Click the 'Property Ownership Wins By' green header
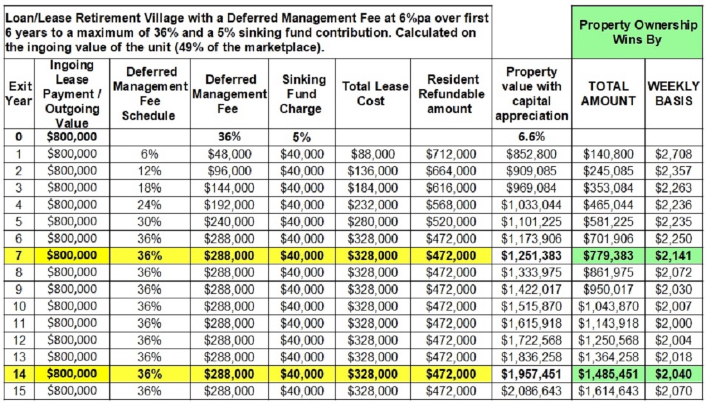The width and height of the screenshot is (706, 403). (x=638, y=32)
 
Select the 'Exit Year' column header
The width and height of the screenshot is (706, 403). (x=19, y=93)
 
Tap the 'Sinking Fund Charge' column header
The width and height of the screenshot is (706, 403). (x=301, y=94)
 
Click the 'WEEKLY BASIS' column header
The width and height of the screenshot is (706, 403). (x=673, y=93)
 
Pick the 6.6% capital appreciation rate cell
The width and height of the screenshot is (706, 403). (x=532, y=137)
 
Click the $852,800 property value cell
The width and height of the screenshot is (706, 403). (x=532, y=155)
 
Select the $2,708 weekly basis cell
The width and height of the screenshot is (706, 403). (x=673, y=155)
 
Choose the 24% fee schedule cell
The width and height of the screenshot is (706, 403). (x=149, y=205)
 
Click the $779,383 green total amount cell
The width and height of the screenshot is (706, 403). (x=608, y=256)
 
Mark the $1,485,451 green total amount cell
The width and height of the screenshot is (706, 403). (x=608, y=374)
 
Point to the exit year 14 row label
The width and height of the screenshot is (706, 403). (x=19, y=374)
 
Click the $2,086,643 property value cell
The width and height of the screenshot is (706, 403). (x=532, y=391)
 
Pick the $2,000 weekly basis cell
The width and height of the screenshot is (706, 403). (x=673, y=323)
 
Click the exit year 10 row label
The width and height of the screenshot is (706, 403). (x=19, y=307)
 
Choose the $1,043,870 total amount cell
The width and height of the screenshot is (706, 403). (x=608, y=307)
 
